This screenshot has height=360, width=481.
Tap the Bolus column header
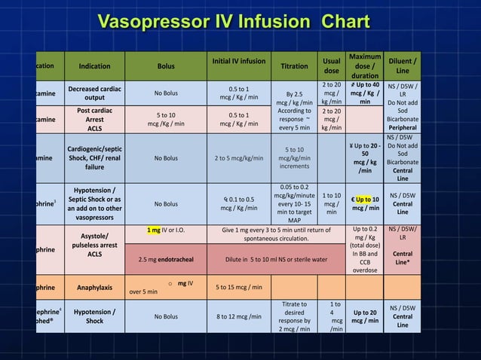pos(165,66)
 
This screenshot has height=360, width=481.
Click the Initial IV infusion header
pos(238,60)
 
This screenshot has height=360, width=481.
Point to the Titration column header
pos(294,66)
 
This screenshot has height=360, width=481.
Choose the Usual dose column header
pos(330,66)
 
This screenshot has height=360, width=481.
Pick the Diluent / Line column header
pos(403,66)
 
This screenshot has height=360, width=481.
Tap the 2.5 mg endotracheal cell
pos(165,260)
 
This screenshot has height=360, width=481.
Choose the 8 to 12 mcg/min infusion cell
pos(238,317)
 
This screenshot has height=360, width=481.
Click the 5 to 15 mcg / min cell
pos(238,287)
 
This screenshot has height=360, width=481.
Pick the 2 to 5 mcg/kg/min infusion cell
pos(238,159)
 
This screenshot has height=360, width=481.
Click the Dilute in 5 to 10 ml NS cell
pos(277,260)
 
